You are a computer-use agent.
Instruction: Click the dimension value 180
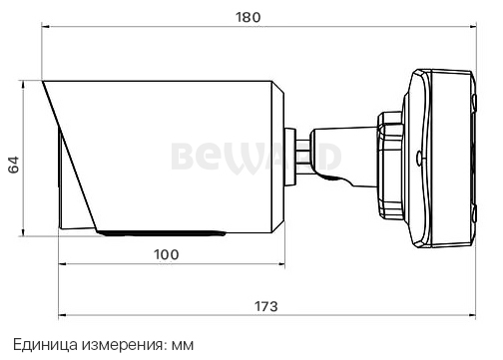[249, 16]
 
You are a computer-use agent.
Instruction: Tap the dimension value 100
[167, 253]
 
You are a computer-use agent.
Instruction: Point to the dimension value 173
[265, 304]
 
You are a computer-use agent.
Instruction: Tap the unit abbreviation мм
[180, 344]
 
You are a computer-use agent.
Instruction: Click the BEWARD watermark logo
[255, 157]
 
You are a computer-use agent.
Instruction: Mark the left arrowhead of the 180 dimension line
[46, 30]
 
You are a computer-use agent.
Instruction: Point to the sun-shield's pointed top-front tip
[44, 84]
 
